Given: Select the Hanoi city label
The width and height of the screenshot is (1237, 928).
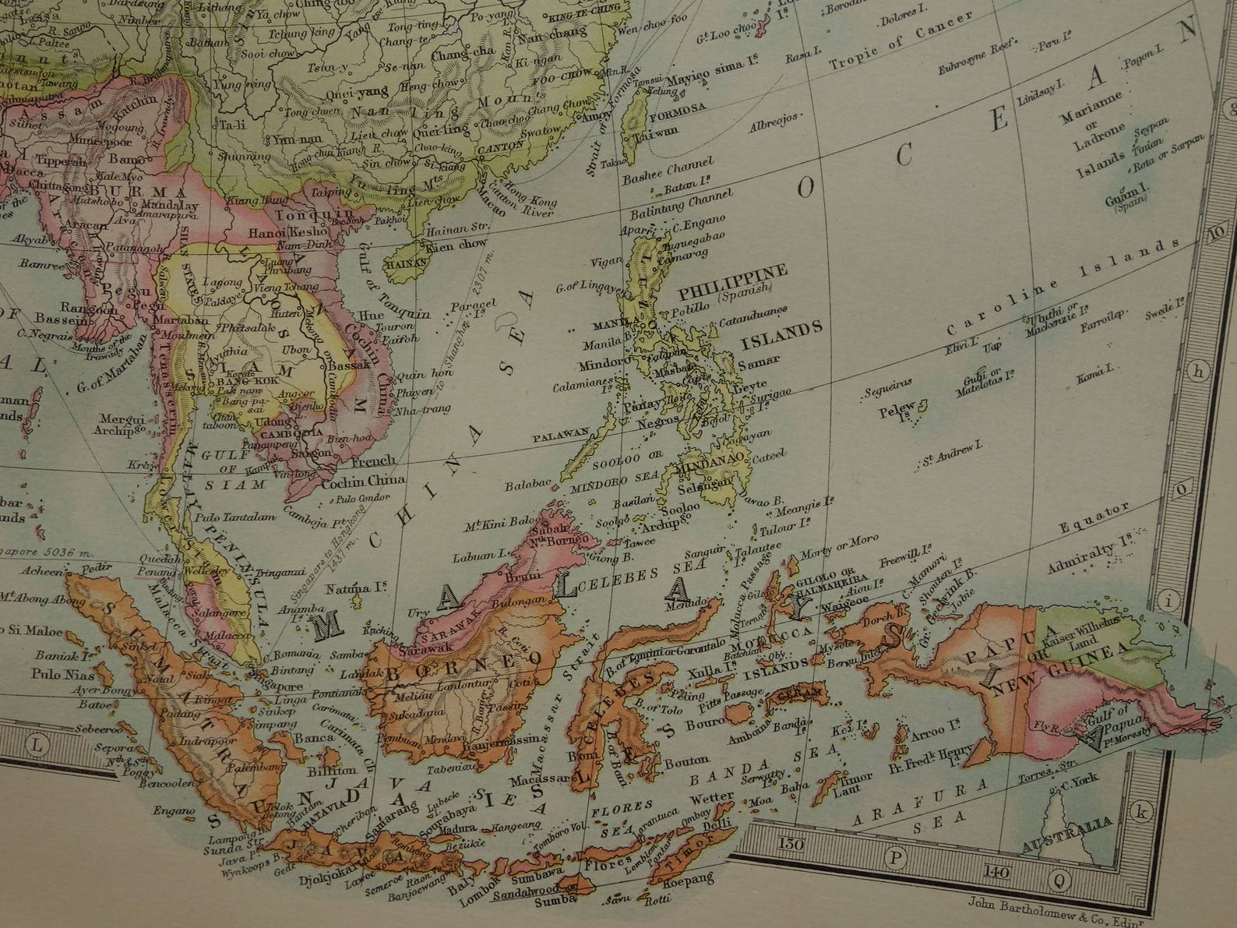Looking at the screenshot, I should (267, 232).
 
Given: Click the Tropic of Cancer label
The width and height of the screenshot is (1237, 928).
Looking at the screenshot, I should (900, 41).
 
